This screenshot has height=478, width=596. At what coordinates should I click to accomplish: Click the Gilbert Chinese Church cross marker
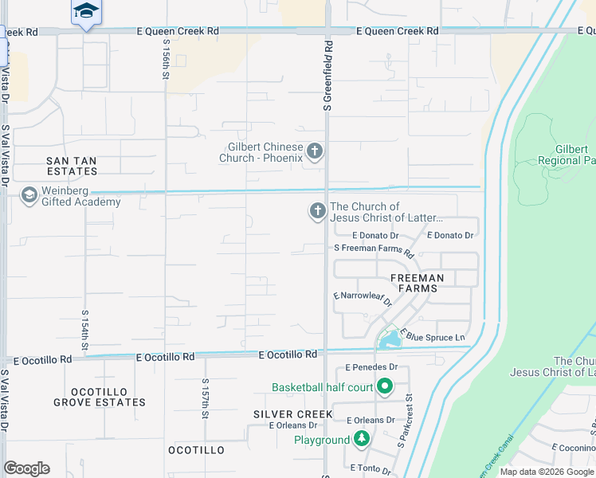pyautogui.click(x=315, y=151)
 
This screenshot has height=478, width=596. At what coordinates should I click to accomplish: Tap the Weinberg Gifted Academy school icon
pyautogui.click(x=29, y=195)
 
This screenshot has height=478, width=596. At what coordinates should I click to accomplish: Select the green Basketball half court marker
pyautogui.click(x=385, y=388)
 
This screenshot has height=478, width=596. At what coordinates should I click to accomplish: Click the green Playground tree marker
pyautogui.click(x=362, y=440)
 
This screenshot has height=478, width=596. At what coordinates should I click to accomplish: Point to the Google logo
pyautogui.click(x=26, y=468)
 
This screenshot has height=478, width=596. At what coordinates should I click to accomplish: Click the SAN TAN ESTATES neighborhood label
pyautogui.click(x=71, y=167)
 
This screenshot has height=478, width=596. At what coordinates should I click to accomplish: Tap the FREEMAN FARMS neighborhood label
pyautogui.click(x=422, y=283)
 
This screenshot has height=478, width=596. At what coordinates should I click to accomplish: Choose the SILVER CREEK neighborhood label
pyautogui.click(x=293, y=414)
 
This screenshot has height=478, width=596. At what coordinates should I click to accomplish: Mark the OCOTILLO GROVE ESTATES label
pyautogui.click(x=100, y=397)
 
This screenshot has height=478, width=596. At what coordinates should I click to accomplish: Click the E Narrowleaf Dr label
pyautogui.click(x=363, y=299)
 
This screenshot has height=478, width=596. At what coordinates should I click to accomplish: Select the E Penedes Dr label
pyautogui.click(x=372, y=367)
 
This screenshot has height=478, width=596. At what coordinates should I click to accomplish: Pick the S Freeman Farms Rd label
pyautogui.click(x=374, y=250)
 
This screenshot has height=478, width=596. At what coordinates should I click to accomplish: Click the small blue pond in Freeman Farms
pyautogui.click(x=390, y=341)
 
